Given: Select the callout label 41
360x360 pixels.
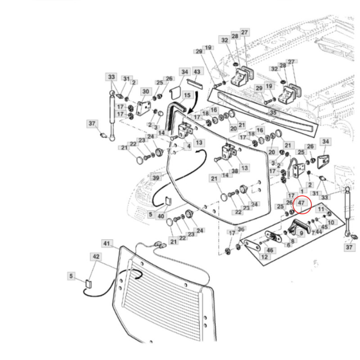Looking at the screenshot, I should click(x=106, y=243).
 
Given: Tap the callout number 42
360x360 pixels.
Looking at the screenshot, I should click(x=96, y=256).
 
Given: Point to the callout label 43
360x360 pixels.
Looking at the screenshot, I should click(x=197, y=72).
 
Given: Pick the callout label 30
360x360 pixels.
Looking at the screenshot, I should click(x=145, y=92).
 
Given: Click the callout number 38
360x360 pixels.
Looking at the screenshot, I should click(x=234, y=171).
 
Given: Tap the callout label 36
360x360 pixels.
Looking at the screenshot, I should click(x=241, y=230).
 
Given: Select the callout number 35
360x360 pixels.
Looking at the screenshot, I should click(x=273, y=112).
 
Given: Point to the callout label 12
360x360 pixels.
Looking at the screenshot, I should click(x=265, y=257).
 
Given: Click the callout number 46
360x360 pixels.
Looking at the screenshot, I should click(x=270, y=250).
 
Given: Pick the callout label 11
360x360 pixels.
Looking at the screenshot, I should click(x=320, y=209).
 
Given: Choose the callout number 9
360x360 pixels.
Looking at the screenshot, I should click(x=301, y=233).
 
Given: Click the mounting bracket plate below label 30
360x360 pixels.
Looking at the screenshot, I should click(x=144, y=108).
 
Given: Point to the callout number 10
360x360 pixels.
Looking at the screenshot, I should click(x=331, y=222).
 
